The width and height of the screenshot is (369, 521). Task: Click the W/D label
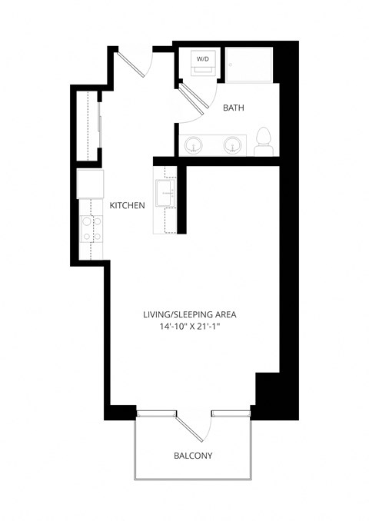[203, 58]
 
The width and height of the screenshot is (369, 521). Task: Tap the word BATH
[234, 108]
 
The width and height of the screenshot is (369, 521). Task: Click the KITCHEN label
[128, 205]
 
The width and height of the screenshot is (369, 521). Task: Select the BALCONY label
[193, 456]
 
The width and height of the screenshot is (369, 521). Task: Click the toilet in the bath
[264, 141]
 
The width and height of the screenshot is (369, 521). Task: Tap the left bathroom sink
[194, 144]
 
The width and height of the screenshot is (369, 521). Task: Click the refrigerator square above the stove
[90, 184]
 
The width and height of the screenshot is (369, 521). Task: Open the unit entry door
[131, 62]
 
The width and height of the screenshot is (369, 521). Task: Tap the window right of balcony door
[231, 415]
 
